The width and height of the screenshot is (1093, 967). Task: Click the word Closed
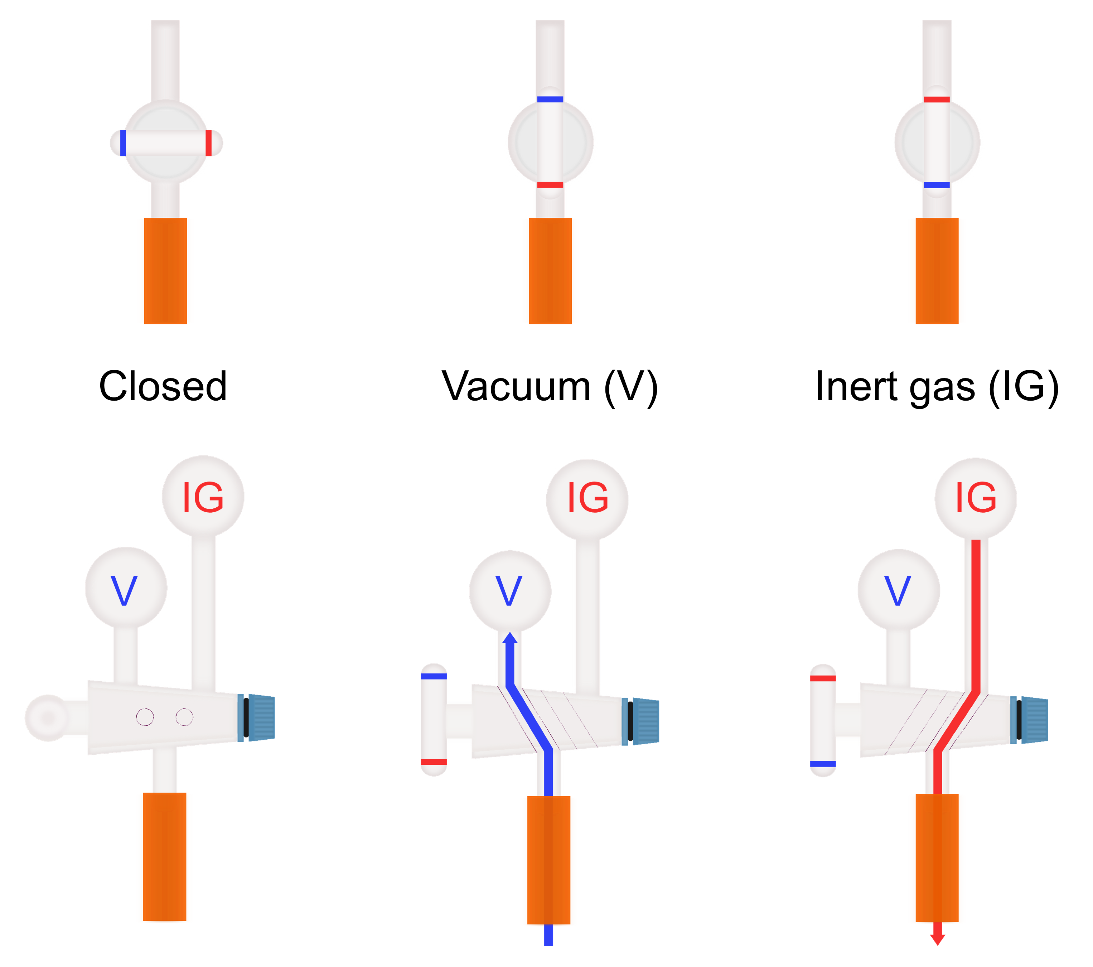click(163, 386)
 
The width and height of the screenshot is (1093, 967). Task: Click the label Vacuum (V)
click(549, 386)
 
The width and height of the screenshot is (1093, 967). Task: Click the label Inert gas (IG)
click(937, 386)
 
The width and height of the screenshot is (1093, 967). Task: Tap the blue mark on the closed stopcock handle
click(123, 143)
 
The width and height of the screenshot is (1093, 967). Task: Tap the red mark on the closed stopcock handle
click(209, 143)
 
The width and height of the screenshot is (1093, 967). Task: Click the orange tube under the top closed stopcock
click(165, 271)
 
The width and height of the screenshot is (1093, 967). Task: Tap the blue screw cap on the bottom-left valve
click(261, 718)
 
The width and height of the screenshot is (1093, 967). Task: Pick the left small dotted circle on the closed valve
click(145, 717)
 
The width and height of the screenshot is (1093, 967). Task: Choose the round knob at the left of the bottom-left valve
click(47, 718)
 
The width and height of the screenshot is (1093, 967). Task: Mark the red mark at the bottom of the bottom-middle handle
click(434, 761)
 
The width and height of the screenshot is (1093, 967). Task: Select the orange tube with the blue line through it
click(548, 860)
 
